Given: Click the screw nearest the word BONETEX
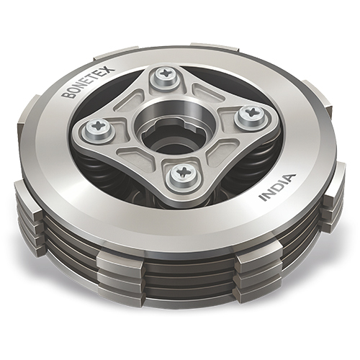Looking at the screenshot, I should click(x=96, y=129).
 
